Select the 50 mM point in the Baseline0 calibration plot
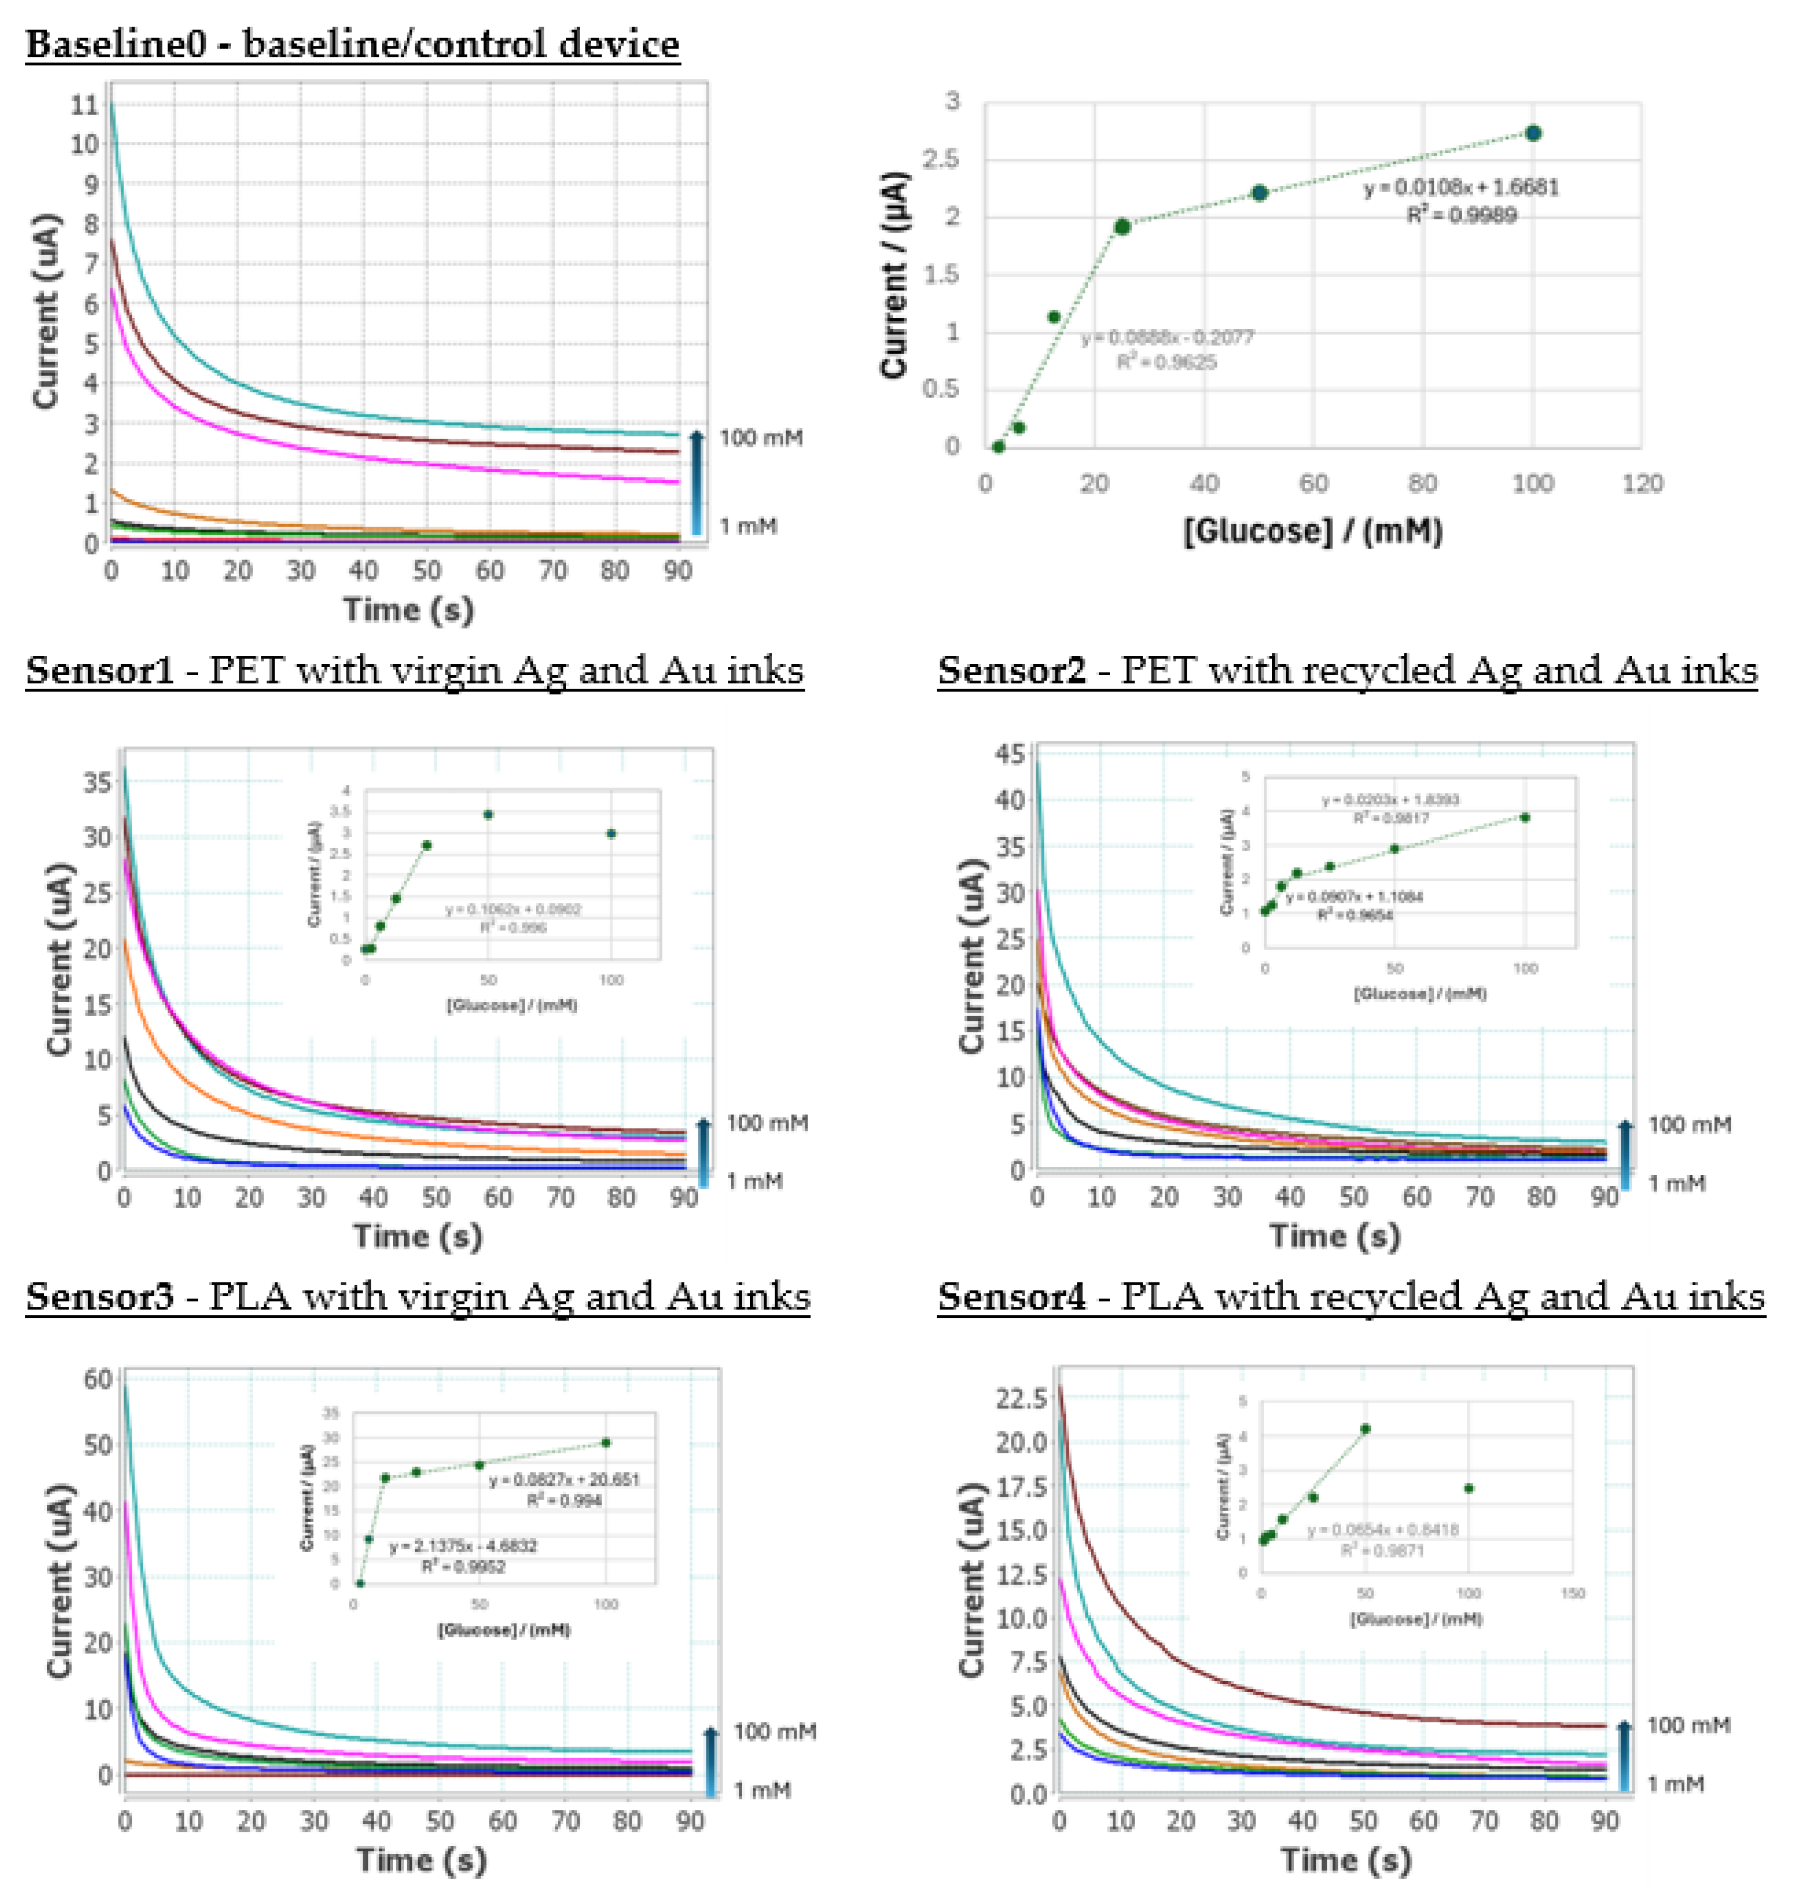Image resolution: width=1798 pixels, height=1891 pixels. [x=1259, y=193]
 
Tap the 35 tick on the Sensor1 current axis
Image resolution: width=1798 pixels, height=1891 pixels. [x=97, y=783]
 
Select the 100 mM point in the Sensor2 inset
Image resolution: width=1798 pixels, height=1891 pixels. [x=1525, y=817]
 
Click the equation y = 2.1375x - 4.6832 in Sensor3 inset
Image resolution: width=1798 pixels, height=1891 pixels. [x=463, y=1546]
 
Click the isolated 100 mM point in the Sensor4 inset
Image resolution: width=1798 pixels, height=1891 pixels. [x=1468, y=1489]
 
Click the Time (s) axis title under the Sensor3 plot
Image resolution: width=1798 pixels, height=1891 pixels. [x=422, y=1860]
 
